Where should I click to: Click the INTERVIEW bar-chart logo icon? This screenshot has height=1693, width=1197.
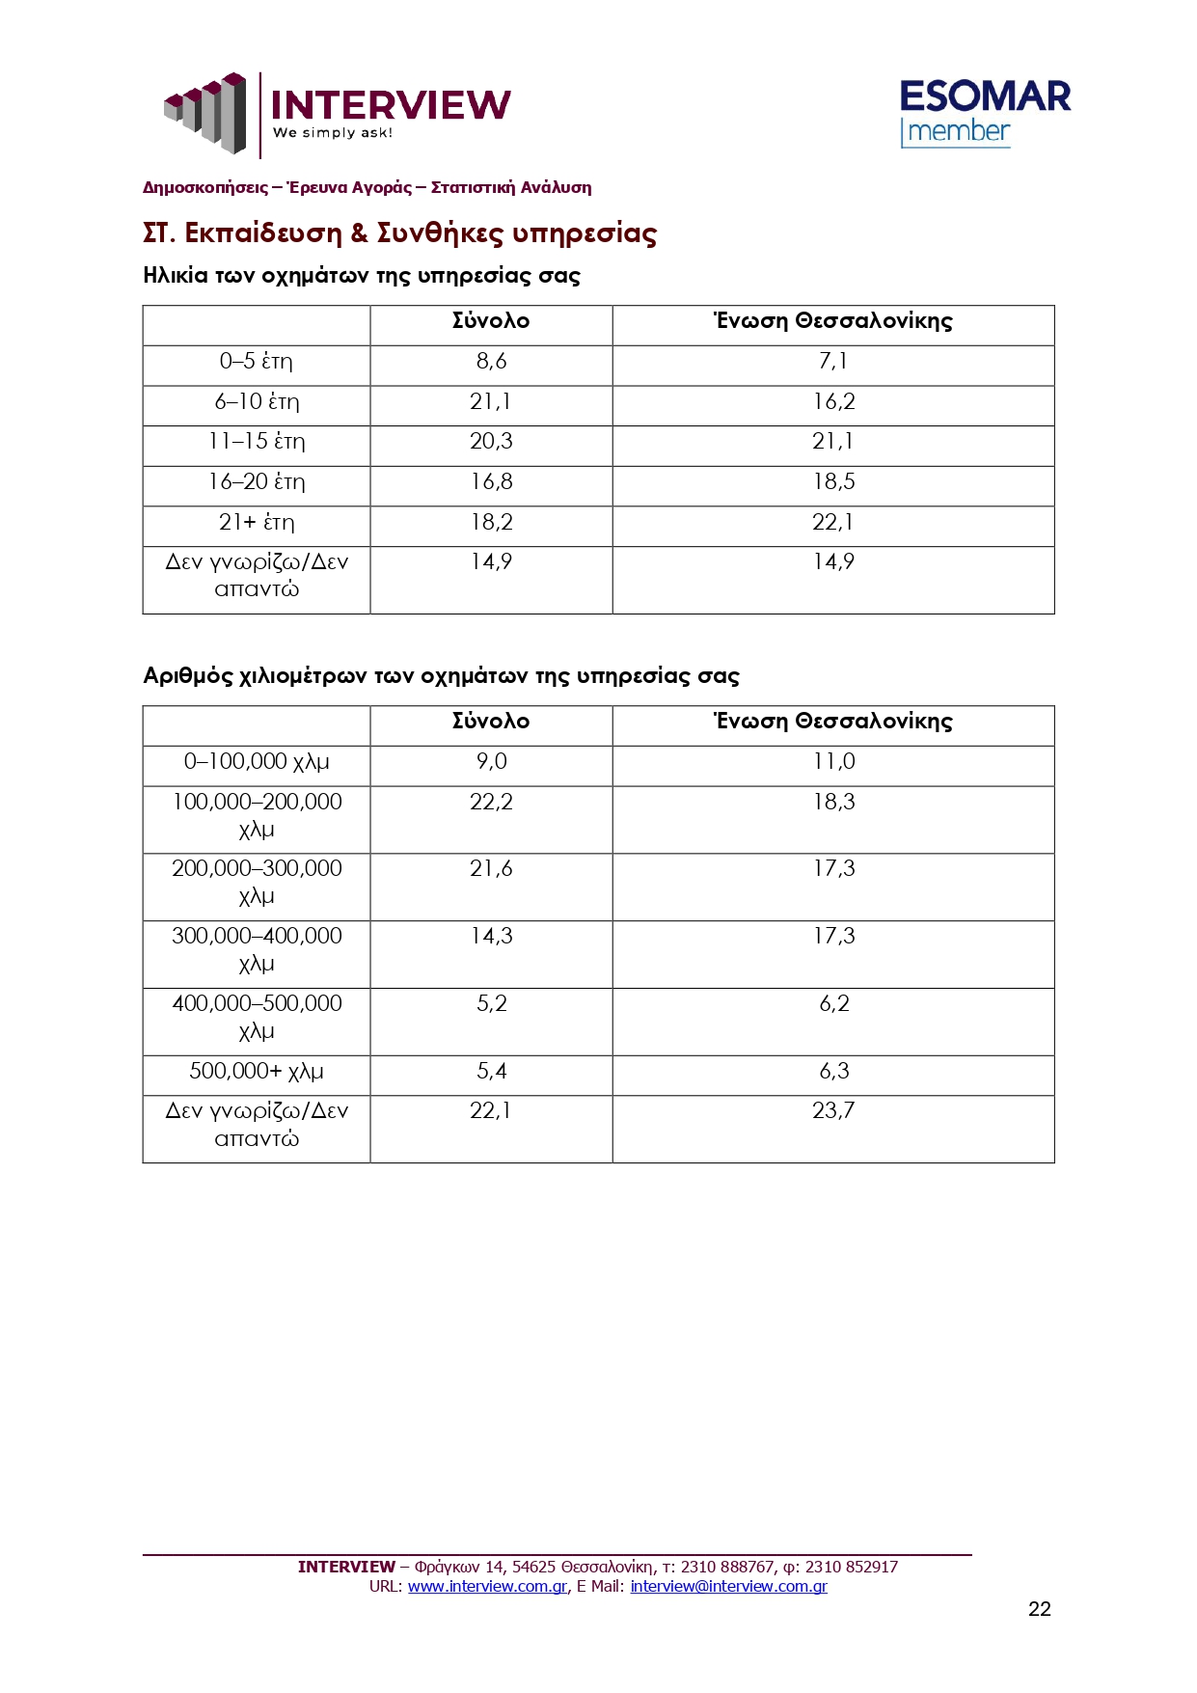coord(205,112)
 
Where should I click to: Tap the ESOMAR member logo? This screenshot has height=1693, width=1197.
coord(984,113)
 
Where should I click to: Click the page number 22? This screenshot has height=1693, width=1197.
coord(1039,1608)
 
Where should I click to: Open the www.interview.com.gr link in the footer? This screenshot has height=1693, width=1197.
coord(487,1586)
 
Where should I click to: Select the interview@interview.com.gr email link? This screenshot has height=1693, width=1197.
coord(728,1586)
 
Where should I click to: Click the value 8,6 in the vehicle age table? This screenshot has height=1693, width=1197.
coord(491,362)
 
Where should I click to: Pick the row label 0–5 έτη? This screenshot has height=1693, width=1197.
coord(256,362)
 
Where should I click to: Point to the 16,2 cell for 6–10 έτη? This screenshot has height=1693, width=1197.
coord(833,402)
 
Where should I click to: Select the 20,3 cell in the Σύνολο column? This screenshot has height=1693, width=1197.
coord(491,442)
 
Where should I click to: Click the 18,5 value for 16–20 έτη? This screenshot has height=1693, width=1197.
coord(833,482)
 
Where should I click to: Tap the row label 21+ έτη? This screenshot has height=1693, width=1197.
coord(256,523)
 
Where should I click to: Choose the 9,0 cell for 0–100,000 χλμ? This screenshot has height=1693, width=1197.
coord(491,762)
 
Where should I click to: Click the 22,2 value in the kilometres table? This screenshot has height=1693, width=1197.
coord(491,803)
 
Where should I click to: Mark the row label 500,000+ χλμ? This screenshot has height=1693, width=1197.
coord(256,1072)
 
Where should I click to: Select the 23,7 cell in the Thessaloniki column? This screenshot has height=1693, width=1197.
coord(833,1111)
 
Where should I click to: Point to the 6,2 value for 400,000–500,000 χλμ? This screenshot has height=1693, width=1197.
coord(833,1004)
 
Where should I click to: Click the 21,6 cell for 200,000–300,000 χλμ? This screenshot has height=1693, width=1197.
coord(491,869)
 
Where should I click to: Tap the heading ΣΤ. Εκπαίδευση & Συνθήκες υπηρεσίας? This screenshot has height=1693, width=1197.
coord(399,233)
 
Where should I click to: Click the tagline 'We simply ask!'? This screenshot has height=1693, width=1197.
coord(333,133)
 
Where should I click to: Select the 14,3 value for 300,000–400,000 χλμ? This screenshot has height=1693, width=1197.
coord(491,937)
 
